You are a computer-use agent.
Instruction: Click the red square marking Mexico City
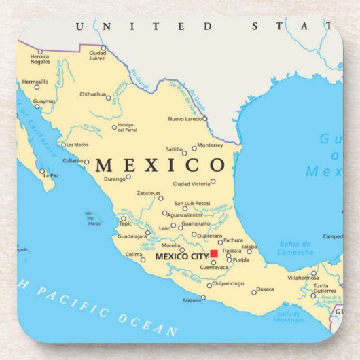(x=213, y=254)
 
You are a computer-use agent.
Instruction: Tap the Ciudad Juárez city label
(x=98, y=55)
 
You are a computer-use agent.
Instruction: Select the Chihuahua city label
(x=92, y=94)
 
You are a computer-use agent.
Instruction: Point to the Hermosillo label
(x=35, y=82)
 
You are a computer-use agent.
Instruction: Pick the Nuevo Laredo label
(x=185, y=119)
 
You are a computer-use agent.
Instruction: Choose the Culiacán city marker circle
(x=86, y=162)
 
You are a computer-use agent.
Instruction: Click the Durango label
(x=115, y=179)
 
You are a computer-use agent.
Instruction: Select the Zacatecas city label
(x=148, y=193)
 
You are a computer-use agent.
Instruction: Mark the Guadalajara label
(x=132, y=236)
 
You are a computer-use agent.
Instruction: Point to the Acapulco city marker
(x=202, y=297)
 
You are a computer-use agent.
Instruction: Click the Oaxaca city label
(x=265, y=289)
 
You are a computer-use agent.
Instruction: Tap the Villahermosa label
(x=302, y=278)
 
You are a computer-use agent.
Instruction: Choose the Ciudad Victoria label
(x=191, y=183)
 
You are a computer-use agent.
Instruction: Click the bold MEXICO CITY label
(x=181, y=257)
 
